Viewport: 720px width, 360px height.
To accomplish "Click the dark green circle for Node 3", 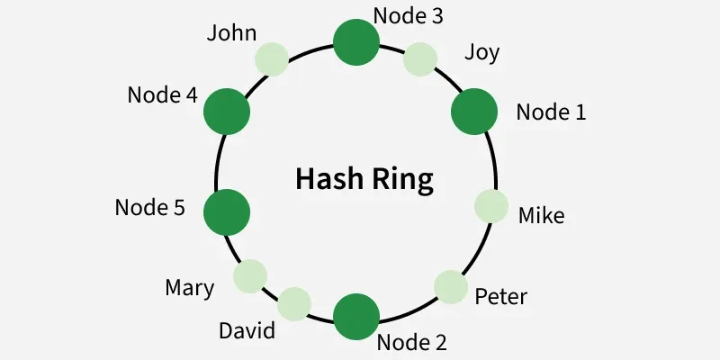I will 356,42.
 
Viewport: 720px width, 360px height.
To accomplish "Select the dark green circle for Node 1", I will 473,112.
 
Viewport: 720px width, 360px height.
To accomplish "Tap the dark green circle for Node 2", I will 356,314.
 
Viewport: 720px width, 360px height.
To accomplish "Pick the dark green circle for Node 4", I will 226,112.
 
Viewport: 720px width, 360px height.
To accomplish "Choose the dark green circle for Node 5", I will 226,211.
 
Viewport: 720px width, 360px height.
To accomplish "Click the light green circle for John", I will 272,59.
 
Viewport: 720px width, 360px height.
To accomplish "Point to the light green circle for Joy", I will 419,59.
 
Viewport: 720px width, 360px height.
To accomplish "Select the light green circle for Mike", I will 490,206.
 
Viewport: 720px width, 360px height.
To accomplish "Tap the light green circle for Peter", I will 451,286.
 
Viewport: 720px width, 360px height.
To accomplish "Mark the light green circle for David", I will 294,303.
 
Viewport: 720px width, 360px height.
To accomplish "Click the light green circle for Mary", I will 250,275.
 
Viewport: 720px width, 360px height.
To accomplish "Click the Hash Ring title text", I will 364,180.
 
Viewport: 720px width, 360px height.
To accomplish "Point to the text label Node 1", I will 551,112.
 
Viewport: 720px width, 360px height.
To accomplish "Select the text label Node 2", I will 411,342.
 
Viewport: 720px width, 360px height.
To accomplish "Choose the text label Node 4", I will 162,94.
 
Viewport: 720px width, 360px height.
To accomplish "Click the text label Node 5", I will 149,208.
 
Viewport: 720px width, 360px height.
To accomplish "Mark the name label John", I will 231,33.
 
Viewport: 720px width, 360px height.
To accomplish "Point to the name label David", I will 247,330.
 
